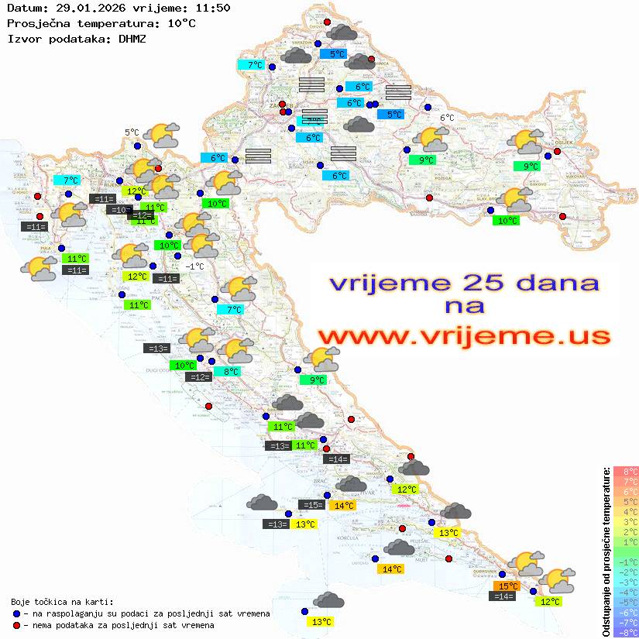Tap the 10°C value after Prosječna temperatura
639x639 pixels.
click(x=181, y=23)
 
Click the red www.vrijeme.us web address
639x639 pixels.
click(x=463, y=336)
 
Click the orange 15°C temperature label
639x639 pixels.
click(x=507, y=586)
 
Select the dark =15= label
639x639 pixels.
click(x=312, y=505)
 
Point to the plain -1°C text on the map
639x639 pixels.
click(x=194, y=266)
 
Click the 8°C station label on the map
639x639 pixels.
click(x=231, y=372)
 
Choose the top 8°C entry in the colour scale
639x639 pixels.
click(x=625, y=471)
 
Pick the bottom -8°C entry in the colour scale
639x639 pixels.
click(x=624, y=632)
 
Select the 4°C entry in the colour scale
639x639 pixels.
click(x=625, y=511)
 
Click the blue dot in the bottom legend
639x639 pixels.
click(x=17, y=613)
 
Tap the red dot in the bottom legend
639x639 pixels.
click(x=17, y=625)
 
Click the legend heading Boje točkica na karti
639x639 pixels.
click(x=62, y=601)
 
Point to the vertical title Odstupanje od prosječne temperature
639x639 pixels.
click(x=606, y=551)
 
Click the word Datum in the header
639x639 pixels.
click(x=22, y=9)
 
